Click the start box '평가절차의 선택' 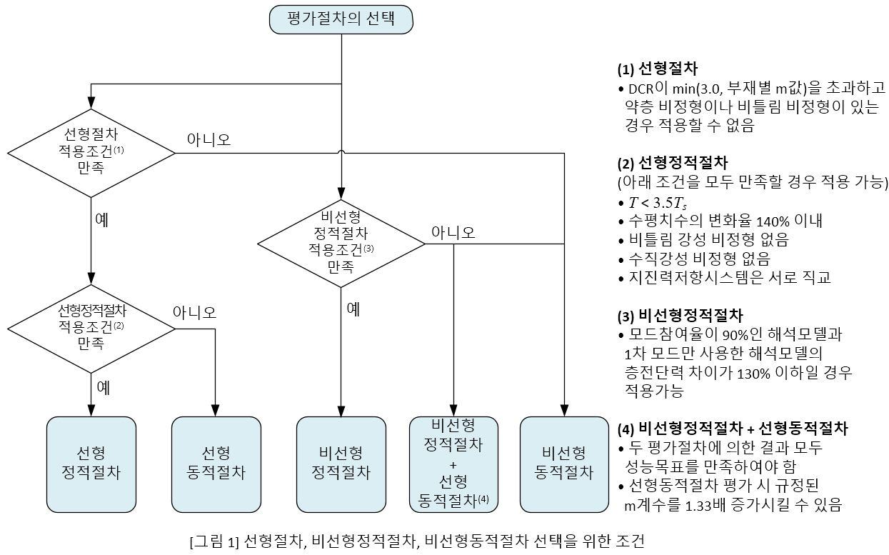[341, 19]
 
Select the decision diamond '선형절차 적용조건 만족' [91, 152]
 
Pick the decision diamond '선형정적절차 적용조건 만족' [91, 328]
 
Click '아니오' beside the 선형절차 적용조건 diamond [209, 139]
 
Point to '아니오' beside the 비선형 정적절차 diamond [453, 231]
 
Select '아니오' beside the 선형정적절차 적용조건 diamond [194, 312]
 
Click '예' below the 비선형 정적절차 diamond [353, 309]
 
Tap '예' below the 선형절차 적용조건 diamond [102, 219]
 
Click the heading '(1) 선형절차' [657, 69]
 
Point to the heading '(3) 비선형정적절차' [680, 315]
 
